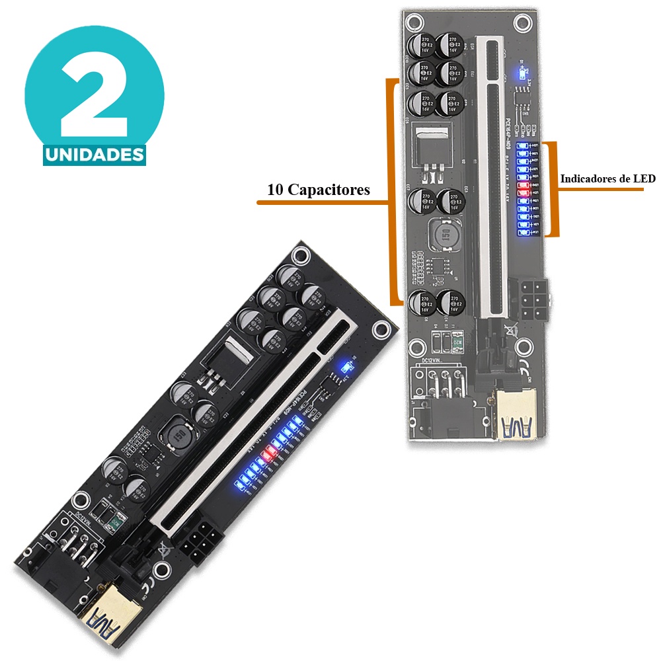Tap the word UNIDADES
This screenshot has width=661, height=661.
point(94,155)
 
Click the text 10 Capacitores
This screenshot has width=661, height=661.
point(318,190)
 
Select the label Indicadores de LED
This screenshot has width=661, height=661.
point(607,178)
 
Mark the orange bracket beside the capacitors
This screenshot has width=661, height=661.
point(395,192)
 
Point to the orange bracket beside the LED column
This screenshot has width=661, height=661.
point(555,188)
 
